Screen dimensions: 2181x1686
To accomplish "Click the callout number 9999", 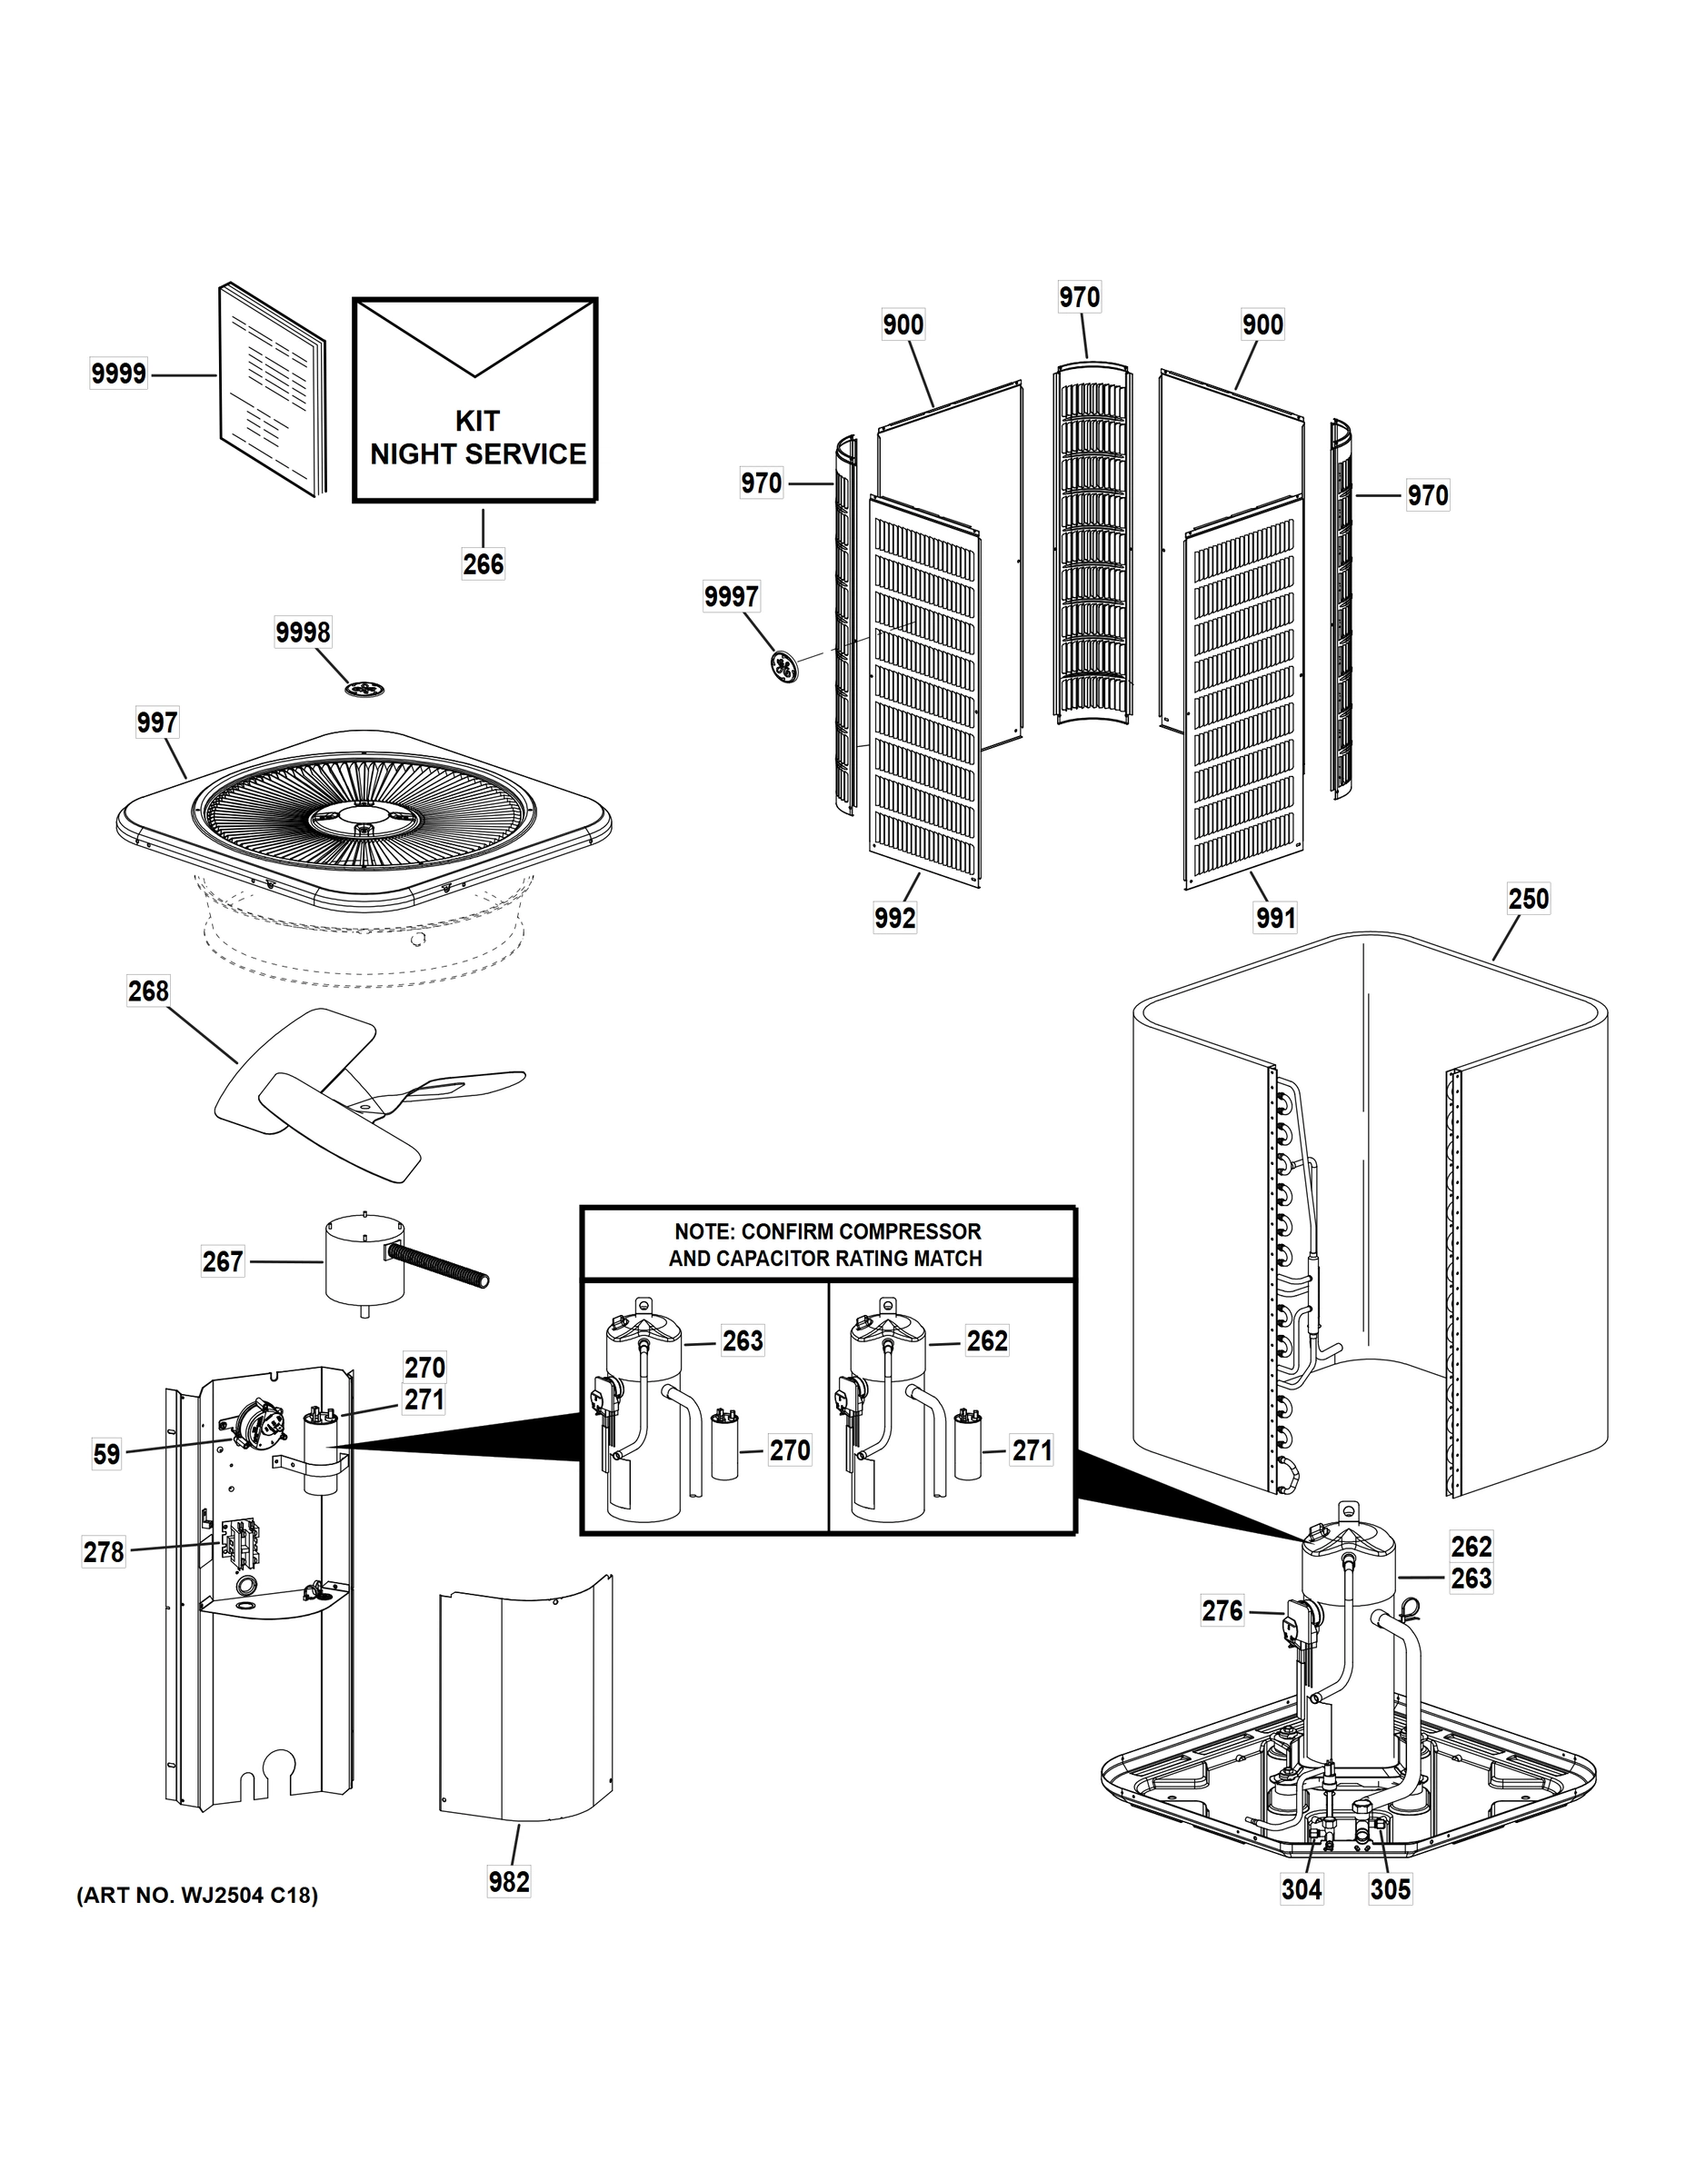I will tap(118, 374).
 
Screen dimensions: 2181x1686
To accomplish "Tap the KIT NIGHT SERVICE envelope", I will tap(475, 400).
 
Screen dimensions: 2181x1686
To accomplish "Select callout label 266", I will tap(483, 564).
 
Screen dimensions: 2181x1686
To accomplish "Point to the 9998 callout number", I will tap(303, 632).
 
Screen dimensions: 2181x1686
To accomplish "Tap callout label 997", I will tap(157, 723).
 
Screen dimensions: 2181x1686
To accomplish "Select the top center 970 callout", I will tap(1079, 297).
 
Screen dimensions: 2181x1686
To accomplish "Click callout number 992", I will tap(894, 918).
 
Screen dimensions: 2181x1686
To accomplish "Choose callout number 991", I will tap(1275, 918).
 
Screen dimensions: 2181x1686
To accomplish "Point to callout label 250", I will tap(1528, 899).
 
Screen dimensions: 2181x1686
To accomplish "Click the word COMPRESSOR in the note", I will tap(911, 1231).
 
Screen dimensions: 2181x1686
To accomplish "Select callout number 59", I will tap(107, 1454).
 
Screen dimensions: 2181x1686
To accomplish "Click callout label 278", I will tap(104, 1552).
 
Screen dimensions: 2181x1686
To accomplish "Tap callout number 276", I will tap(1222, 1611).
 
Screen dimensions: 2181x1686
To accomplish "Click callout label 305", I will tap(1390, 1889).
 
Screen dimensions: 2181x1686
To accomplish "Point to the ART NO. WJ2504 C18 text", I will tap(196, 1896).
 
